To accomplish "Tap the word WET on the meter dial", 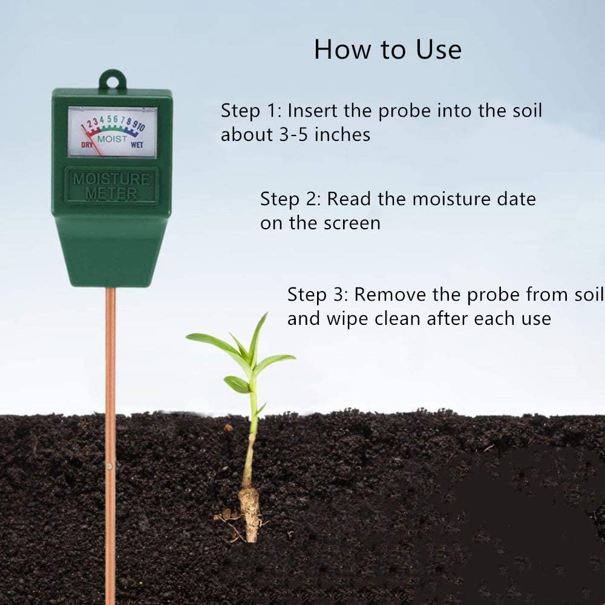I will [137, 145].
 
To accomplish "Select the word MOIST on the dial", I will [113, 139].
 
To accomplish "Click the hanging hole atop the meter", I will [113, 79].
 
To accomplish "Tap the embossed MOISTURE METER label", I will [112, 186].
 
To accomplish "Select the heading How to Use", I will [387, 50].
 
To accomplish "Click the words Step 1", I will [248, 111].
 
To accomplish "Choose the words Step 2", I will [288, 199].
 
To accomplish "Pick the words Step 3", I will [315, 295].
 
